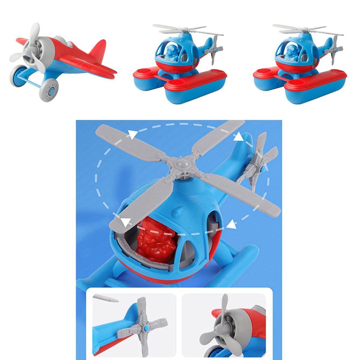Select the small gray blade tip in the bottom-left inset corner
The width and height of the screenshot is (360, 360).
tap(105, 299)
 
